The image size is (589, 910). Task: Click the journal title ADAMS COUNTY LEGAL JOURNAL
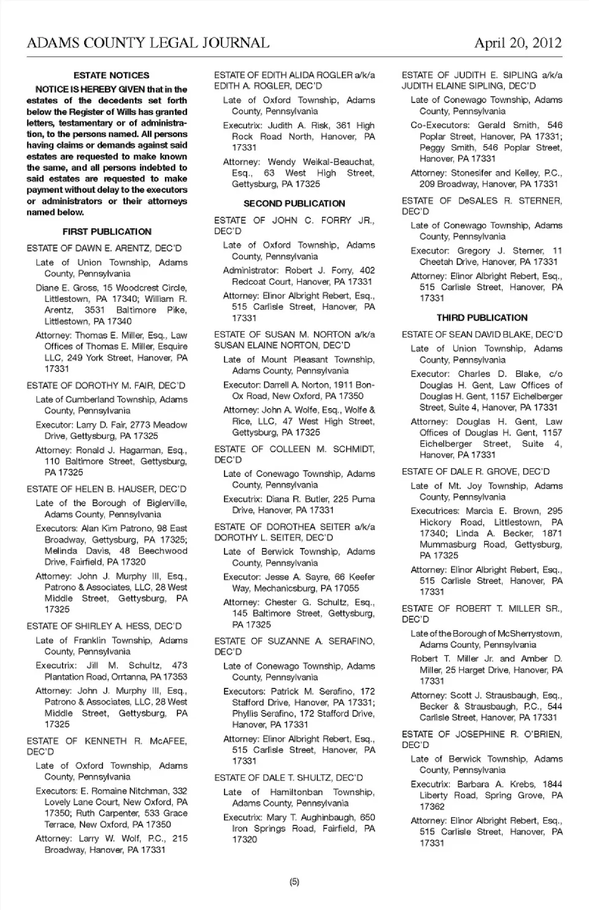[x=148, y=43]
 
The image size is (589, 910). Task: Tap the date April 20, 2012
[x=518, y=43]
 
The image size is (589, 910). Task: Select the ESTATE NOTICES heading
[x=111, y=75]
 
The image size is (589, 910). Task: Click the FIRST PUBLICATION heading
[x=107, y=232]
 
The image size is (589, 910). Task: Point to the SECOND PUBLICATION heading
[x=294, y=204]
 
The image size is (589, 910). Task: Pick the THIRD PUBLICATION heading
[x=482, y=318]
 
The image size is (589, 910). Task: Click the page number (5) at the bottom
[x=294, y=882]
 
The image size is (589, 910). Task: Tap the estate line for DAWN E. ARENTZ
[x=104, y=249]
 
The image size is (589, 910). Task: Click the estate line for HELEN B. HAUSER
[x=106, y=489]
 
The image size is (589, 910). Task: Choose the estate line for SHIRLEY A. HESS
[x=104, y=627]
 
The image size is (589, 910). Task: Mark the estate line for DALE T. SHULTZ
[x=288, y=778]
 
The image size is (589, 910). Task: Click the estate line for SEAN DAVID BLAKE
[x=482, y=335]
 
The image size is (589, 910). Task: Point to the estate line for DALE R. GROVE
[x=475, y=472]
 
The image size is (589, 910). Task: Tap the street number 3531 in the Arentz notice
[x=94, y=310]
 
